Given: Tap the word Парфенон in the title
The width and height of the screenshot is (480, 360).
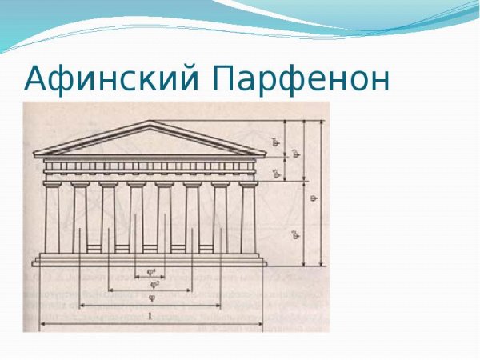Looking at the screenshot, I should (x=302, y=79).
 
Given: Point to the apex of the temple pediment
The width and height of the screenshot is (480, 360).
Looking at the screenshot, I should (x=150, y=122).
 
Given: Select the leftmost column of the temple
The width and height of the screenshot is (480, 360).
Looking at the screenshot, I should (x=52, y=218).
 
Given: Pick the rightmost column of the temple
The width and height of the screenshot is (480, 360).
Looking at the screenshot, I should (x=248, y=218).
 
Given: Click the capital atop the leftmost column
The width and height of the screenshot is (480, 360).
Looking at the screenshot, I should (x=52, y=185).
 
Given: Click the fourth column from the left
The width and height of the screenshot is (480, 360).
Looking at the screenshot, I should (x=136, y=218).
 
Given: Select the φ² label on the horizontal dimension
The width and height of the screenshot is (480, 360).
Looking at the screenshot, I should (x=151, y=284).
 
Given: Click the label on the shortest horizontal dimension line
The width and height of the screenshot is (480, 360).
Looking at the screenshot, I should (x=151, y=271).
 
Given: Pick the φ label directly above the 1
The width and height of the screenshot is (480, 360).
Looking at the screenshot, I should (x=151, y=298).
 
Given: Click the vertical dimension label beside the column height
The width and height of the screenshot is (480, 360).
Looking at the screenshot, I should (x=294, y=233).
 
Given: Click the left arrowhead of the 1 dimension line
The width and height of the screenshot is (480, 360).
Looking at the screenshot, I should (x=42, y=323).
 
